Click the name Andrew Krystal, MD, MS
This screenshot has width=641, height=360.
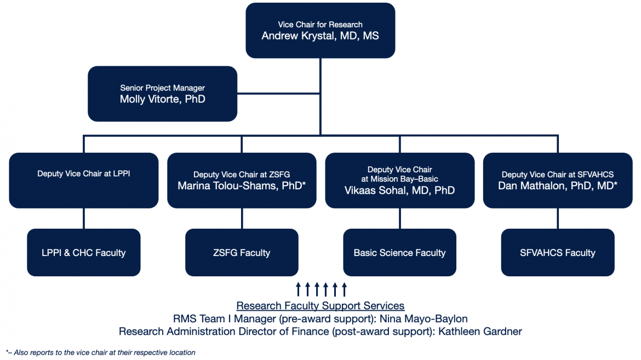(320, 36)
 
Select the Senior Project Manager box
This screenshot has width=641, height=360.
(162, 94)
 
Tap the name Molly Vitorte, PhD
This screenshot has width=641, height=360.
(162, 99)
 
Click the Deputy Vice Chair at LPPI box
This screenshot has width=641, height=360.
(83, 180)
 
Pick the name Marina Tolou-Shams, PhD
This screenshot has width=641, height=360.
(242, 186)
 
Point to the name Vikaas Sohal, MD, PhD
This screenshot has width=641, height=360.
(399, 190)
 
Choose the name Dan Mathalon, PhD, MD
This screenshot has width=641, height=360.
(558, 186)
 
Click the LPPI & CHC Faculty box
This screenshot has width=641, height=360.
(83, 252)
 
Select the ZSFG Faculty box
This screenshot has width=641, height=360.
(242, 252)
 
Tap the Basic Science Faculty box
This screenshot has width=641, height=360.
(399, 252)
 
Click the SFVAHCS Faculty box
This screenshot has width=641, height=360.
(558, 252)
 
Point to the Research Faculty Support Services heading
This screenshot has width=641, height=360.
(320, 306)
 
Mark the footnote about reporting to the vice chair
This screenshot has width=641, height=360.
(100, 352)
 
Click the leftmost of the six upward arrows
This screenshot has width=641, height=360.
(298, 289)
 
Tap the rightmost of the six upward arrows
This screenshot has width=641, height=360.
(344, 289)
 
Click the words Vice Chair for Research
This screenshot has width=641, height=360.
(320, 25)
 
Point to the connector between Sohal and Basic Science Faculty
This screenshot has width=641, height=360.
(399, 218)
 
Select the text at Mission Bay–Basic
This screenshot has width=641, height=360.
(399, 179)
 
